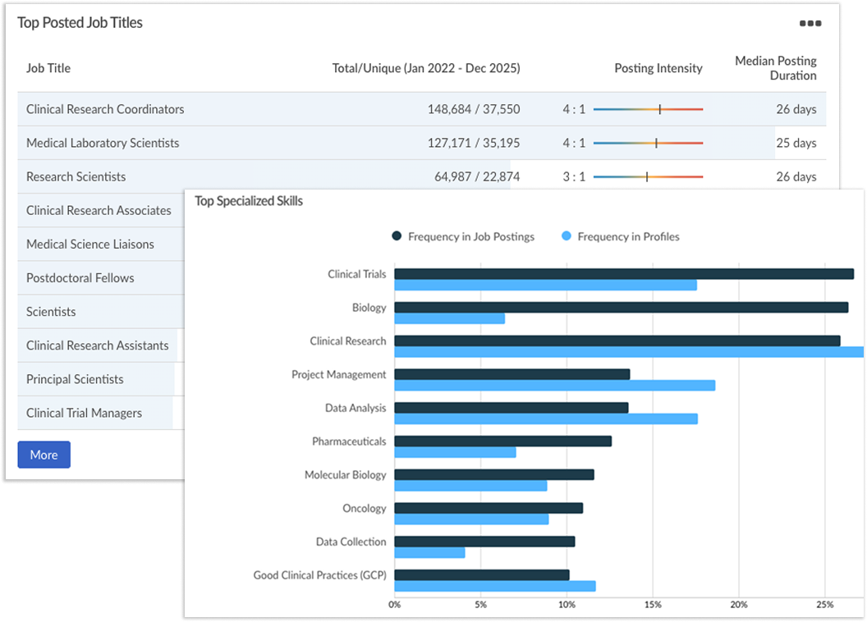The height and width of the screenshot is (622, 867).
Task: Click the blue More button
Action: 44,455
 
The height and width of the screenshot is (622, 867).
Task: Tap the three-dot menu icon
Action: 810,23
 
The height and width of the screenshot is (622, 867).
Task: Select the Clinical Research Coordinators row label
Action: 105,109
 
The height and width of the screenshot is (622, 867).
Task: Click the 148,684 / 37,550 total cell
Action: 473,109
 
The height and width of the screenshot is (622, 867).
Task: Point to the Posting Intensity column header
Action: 658,68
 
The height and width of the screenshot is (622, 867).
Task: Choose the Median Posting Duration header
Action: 775,68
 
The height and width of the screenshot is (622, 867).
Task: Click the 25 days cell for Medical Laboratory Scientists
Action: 796,143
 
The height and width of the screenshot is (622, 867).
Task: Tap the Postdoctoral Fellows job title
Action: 80,277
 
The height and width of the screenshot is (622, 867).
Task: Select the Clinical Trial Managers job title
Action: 84,413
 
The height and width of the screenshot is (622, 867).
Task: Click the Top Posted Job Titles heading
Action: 80,23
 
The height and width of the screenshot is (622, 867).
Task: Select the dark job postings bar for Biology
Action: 621,307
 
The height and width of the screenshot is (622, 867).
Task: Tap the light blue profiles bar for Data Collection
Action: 429,552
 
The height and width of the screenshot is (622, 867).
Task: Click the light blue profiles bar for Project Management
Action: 554,385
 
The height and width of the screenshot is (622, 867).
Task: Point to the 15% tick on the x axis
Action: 652,605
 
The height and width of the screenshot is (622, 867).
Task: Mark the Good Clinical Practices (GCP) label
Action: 319,575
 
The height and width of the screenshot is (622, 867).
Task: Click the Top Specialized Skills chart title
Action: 248,201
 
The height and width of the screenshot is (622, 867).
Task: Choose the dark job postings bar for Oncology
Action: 489,508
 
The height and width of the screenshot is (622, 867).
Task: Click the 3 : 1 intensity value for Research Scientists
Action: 573,176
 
